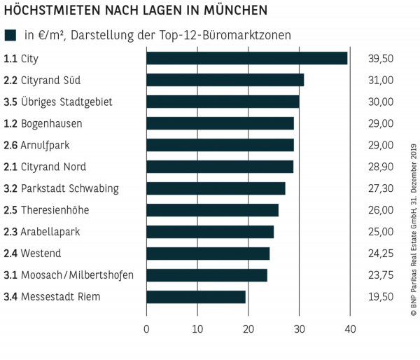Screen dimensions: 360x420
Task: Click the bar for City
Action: click(x=246, y=58)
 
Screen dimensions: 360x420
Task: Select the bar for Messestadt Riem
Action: click(x=196, y=297)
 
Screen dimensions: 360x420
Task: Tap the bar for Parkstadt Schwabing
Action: click(x=216, y=188)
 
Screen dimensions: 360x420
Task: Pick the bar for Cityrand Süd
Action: click(x=225, y=80)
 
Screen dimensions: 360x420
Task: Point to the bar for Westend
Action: click(x=208, y=254)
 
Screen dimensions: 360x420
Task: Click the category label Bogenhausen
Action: click(x=52, y=123)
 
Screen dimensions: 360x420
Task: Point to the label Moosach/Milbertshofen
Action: click(x=77, y=275)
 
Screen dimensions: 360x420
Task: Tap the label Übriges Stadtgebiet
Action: click(x=66, y=102)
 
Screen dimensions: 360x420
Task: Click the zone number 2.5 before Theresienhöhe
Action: click(x=10, y=210)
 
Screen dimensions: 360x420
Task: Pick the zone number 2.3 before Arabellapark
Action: click(x=10, y=232)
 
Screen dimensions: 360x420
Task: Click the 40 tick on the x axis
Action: click(x=350, y=328)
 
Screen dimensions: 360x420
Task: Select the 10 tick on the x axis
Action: click(x=197, y=328)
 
